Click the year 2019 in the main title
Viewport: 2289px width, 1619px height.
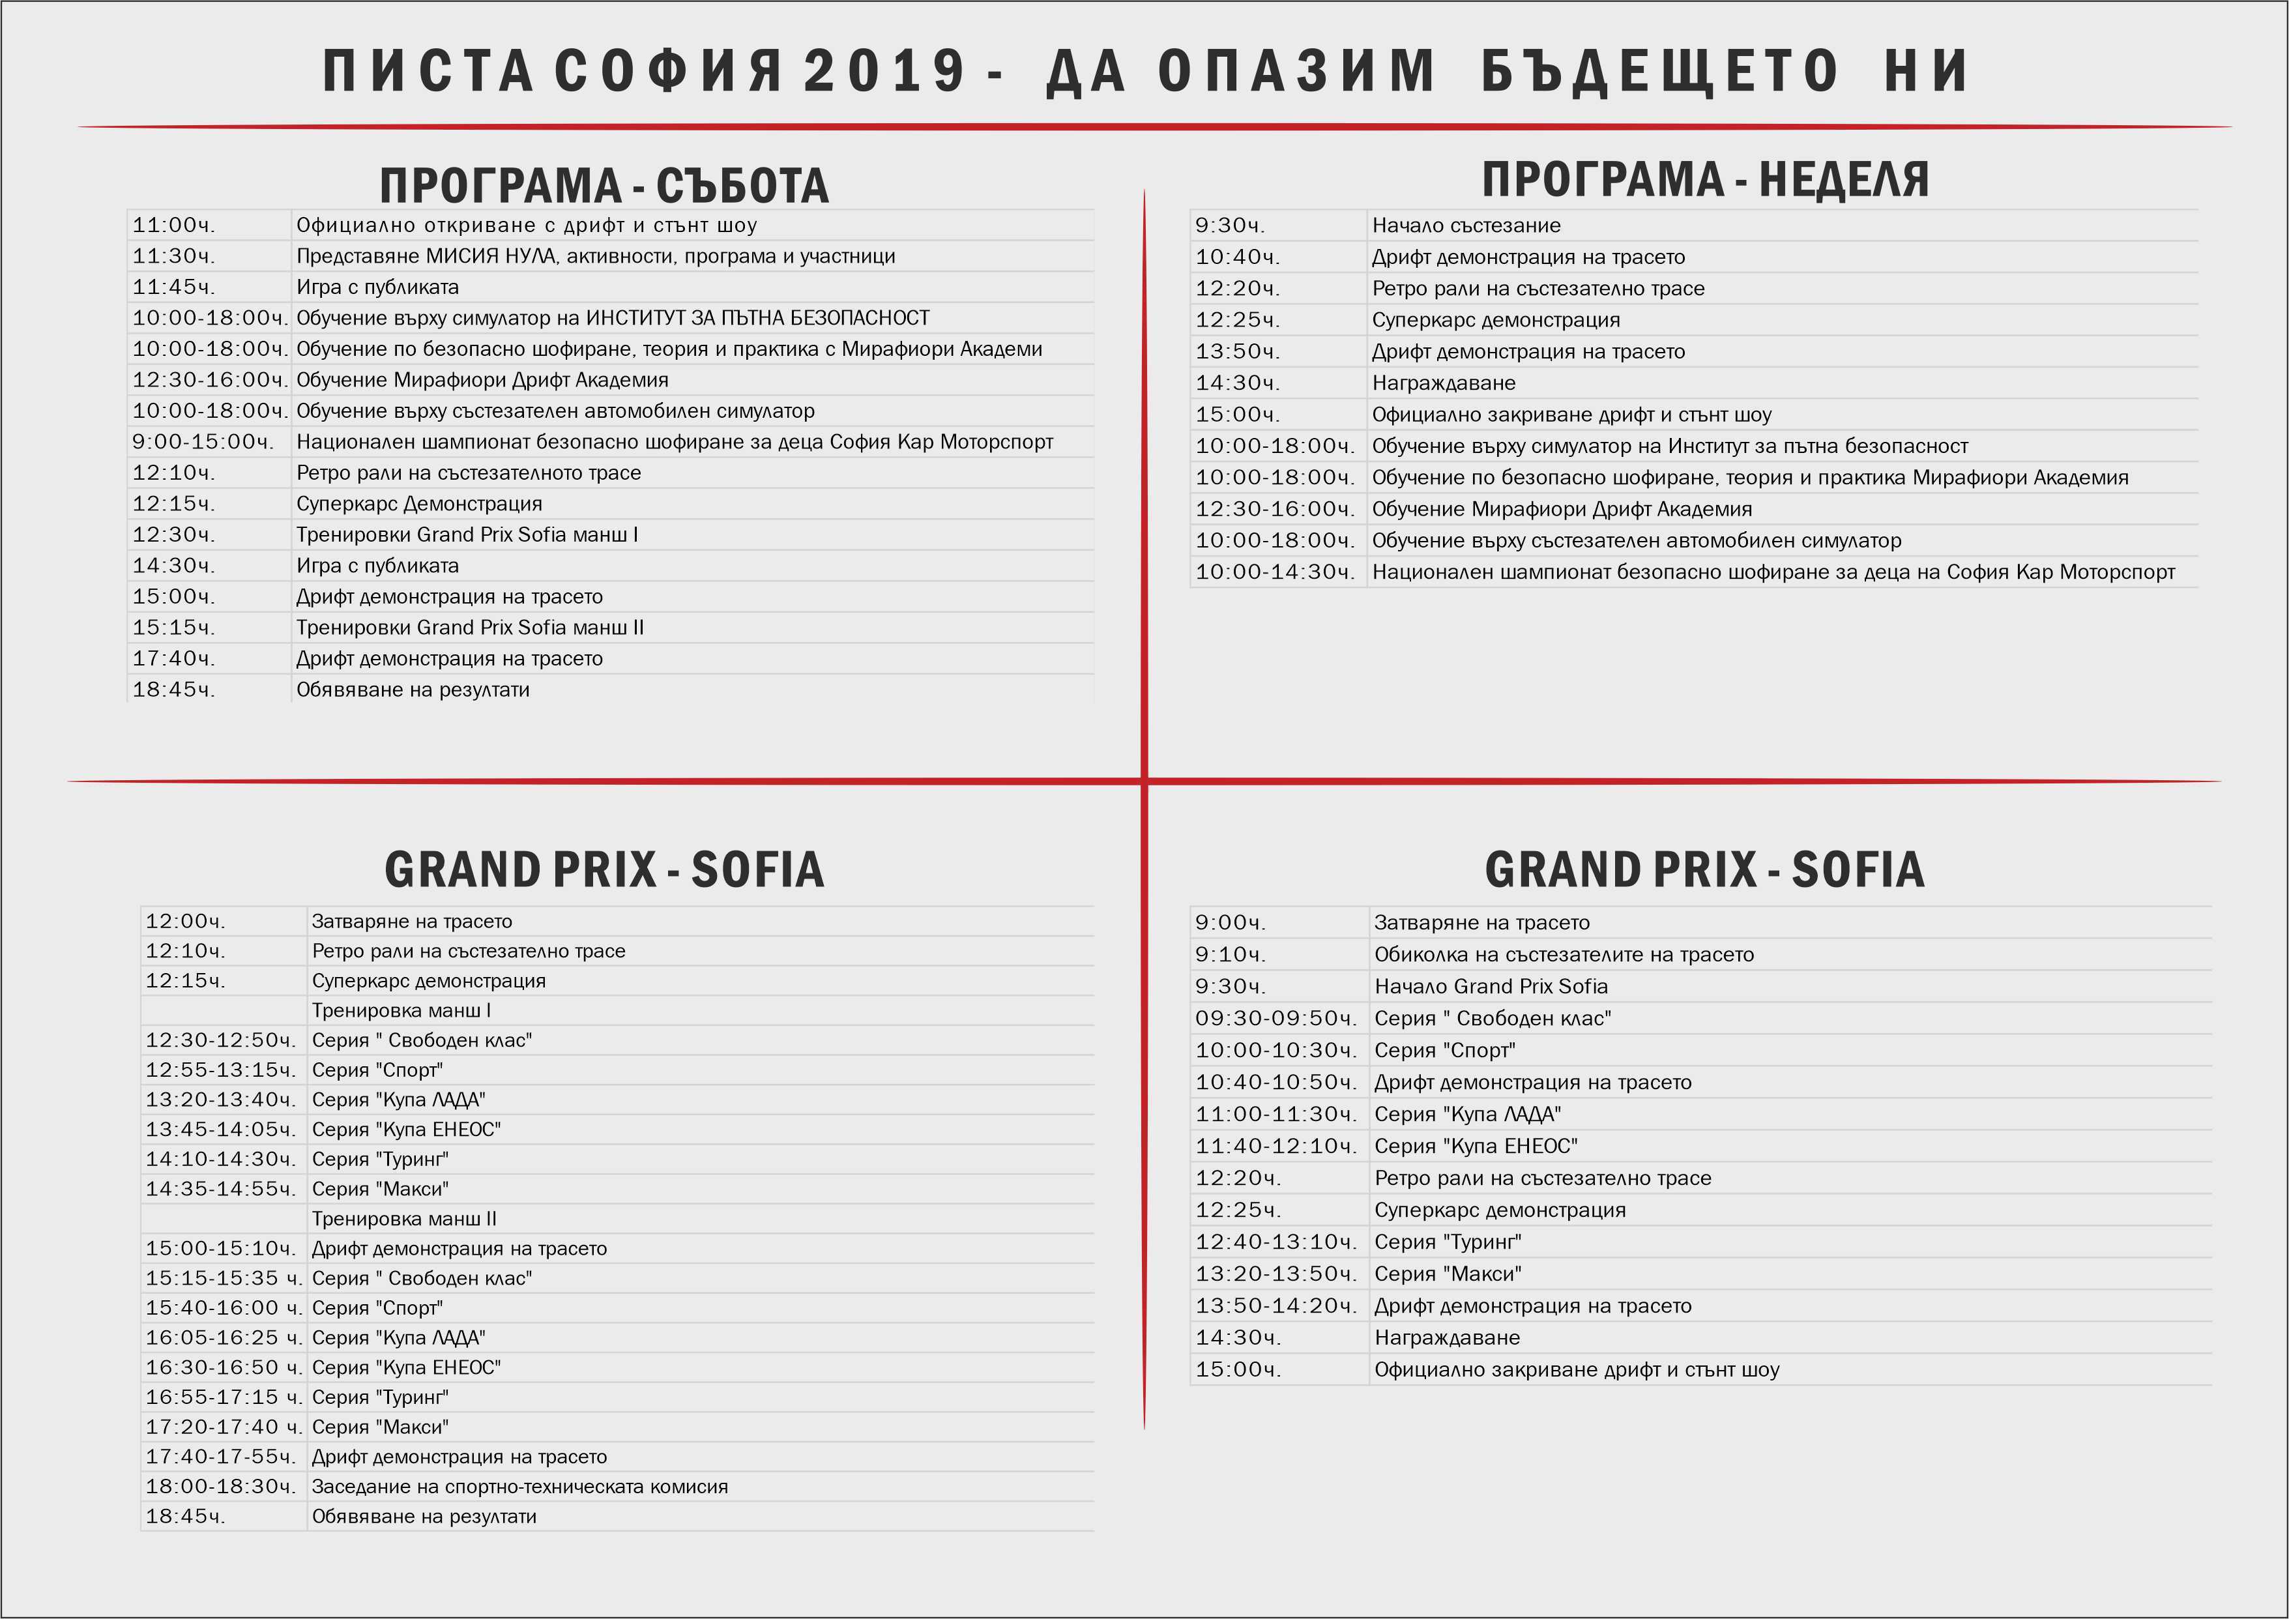[x=884, y=72]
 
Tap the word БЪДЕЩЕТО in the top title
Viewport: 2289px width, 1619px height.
[x=1660, y=72]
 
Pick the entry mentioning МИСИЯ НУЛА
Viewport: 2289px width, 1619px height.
[x=595, y=256]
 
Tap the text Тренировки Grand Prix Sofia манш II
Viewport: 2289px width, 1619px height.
[x=469, y=627]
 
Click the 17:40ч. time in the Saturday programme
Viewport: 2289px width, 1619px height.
[x=173, y=658]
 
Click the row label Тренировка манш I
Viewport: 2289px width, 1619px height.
[x=401, y=1010]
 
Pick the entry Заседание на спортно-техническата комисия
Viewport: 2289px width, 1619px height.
[x=519, y=1487]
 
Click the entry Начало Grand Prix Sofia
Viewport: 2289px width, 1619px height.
[x=1491, y=986]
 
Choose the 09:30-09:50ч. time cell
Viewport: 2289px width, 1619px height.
[x=1276, y=1018]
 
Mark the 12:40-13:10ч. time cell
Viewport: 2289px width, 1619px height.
[x=1276, y=1241]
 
